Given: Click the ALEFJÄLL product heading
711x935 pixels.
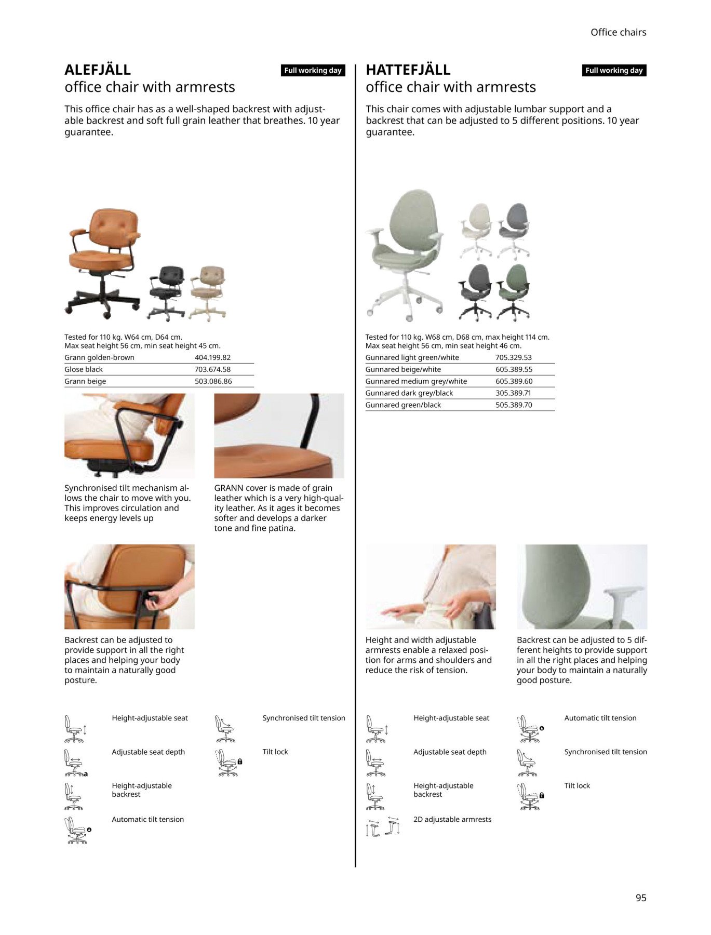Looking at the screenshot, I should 98,70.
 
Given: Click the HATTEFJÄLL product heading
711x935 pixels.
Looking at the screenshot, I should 408,70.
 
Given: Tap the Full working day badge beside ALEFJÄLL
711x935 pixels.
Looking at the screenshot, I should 313,70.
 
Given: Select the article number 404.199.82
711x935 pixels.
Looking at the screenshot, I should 212,357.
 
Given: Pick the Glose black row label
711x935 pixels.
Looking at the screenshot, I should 84,369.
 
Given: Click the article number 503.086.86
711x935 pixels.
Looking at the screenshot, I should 213,381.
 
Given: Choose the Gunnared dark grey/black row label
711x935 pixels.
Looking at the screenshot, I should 409,393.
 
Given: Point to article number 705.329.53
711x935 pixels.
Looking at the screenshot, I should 513,357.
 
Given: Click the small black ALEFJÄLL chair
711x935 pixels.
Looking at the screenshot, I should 166,292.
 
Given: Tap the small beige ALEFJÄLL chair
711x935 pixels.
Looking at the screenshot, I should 208,292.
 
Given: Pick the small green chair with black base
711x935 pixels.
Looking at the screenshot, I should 513,292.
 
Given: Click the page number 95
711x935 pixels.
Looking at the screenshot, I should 641,898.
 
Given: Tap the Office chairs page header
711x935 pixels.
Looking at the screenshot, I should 618,32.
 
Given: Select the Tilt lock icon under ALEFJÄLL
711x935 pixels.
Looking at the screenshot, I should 228,763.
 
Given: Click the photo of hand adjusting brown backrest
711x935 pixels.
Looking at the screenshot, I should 129,587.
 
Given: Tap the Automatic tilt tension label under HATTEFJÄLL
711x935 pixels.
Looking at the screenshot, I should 600,718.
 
